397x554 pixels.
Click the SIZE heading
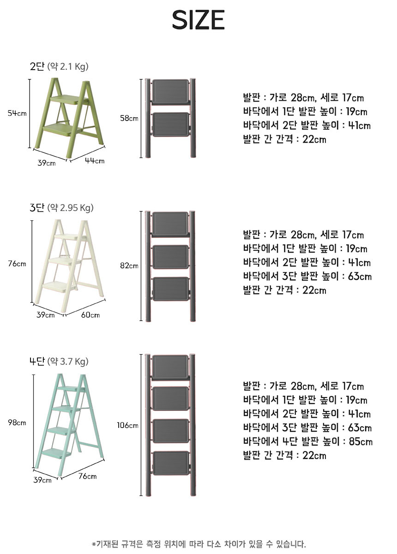[198, 20]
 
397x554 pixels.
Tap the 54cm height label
[17, 113]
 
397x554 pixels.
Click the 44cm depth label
[95, 161]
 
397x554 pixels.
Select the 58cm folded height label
[129, 118]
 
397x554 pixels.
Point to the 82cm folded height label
[129, 265]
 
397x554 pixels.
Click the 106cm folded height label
[127, 425]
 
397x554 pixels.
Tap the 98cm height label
[17, 422]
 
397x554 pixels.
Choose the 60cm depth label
[90, 315]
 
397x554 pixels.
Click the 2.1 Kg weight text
[73, 67]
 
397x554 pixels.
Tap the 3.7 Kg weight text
[73, 361]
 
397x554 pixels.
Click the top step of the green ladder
[69, 99]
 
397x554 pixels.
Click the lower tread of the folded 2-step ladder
[171, 124]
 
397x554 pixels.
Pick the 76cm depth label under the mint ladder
[88, 476]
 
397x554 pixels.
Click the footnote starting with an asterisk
[199, 544]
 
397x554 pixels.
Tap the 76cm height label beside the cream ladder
[17, 264]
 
